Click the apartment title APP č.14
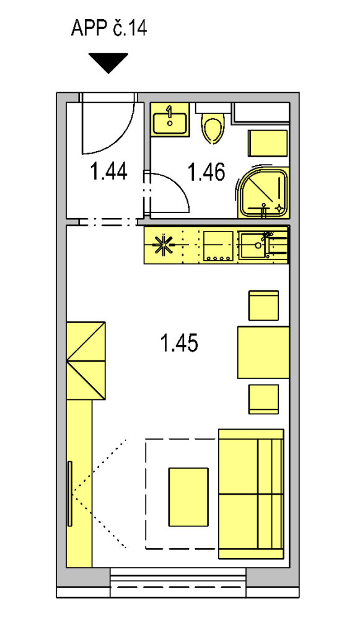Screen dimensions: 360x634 109,28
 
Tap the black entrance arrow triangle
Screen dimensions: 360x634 108,62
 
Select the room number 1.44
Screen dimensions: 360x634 109,171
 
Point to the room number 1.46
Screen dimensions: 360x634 206,173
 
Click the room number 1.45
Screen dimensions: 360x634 179,344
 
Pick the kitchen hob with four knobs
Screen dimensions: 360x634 219,245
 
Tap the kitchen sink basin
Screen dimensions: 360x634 253,245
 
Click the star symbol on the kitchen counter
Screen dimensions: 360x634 164,245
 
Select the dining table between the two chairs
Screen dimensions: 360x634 263,352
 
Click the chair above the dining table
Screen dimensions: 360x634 264,305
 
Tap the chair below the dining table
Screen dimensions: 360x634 264,399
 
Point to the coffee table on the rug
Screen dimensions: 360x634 188,497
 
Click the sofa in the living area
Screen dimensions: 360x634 251,493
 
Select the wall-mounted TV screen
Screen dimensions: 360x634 70,493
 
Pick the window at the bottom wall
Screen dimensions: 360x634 178,583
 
